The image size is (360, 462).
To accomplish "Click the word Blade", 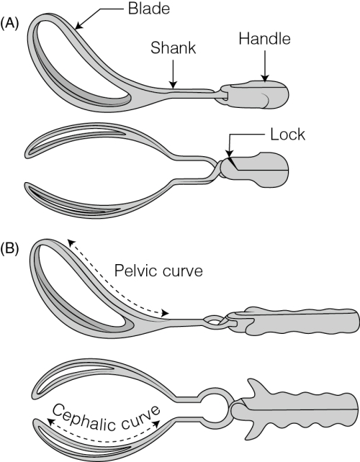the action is coord(149,9).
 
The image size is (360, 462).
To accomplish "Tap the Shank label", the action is coord(173,47).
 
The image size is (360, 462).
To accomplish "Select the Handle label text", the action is coord(264,39).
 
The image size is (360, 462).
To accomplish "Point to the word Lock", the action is coord(287,135).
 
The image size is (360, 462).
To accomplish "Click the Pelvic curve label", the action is coord(158,271).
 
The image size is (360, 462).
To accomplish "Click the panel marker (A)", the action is coord(10,24).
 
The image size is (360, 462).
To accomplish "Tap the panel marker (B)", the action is coord(10,248).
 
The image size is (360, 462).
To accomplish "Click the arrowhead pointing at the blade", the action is coord(79,26).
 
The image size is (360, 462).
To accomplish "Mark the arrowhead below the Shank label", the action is coord(174,85).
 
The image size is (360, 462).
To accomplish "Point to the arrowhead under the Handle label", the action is coord(265,78).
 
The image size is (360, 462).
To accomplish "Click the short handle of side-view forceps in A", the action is coord(254,94).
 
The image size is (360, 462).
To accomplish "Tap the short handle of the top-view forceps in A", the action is coord(255,170).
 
